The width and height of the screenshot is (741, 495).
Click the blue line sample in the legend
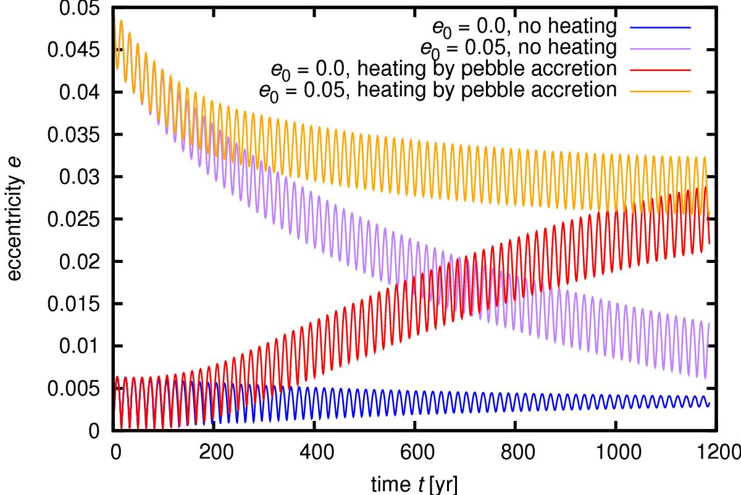tap(659, 28)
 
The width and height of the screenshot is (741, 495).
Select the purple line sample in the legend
tap(659, 48)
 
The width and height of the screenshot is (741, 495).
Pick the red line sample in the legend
tap(659, 69)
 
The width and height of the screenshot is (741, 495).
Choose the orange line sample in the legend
tap(659, 90)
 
